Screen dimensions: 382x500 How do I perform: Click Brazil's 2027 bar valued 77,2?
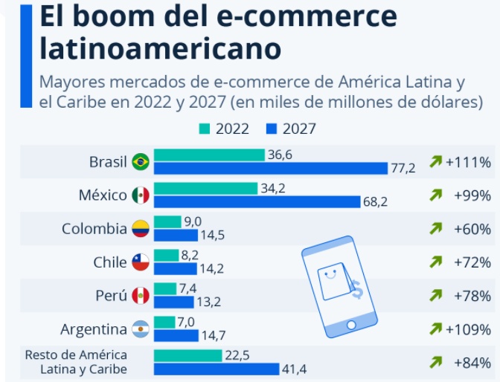tap(270, 168)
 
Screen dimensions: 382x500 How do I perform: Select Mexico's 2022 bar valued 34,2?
tap(205, 188)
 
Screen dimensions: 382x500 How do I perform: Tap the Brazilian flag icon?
tap(140, 162)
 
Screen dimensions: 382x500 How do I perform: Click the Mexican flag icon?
tap(140, 195)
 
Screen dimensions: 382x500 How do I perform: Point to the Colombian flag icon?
tap(140, 229)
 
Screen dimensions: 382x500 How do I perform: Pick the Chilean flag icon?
tap(140, 262)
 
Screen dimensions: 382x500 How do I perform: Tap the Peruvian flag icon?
tap(140, 296)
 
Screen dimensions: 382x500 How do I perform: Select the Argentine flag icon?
tap(140, 329)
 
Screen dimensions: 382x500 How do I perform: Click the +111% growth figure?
tap(468, 162)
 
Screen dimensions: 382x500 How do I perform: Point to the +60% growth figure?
tap(472, 229)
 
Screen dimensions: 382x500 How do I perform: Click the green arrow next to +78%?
tap(436, 296)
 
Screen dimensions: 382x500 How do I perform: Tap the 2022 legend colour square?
tap(205, 129)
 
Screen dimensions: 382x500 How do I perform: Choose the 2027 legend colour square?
tap(272, 129)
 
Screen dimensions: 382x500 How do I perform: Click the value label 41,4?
tap(295, 369)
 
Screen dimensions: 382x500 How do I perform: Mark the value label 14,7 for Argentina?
tap(214, 335)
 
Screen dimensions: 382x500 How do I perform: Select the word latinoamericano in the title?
tap(160, 48)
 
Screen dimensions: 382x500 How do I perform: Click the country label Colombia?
tap(94, 229)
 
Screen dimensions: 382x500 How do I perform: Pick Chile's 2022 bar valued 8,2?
tap(167, 255)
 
